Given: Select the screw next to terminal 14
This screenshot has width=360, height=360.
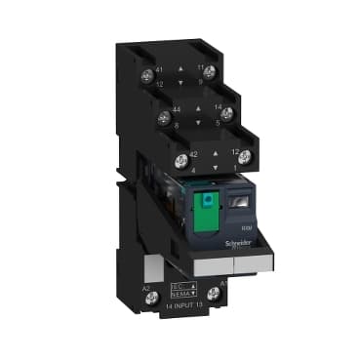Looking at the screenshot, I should click(x=226, y=114).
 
